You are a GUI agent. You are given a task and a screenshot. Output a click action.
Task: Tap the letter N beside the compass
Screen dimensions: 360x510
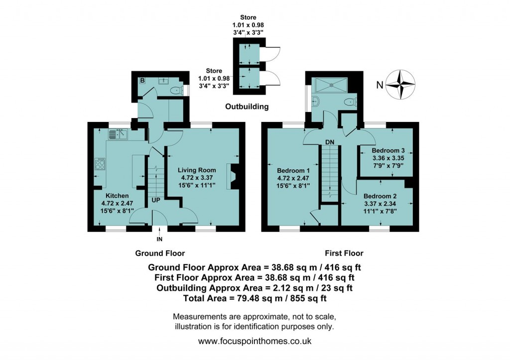[380, 85]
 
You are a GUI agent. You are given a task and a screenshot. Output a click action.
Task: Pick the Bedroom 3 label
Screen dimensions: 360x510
[388, 150]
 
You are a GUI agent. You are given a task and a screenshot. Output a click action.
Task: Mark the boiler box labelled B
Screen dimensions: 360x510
[142, 81]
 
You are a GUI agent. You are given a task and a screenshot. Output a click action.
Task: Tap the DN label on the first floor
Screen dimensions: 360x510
[329, 142]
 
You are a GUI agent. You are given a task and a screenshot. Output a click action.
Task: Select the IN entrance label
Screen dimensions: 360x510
[159, 240]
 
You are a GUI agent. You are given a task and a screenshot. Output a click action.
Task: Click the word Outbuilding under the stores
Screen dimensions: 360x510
[247, 107]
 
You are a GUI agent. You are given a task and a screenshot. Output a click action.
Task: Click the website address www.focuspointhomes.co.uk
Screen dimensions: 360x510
[255, 342]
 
